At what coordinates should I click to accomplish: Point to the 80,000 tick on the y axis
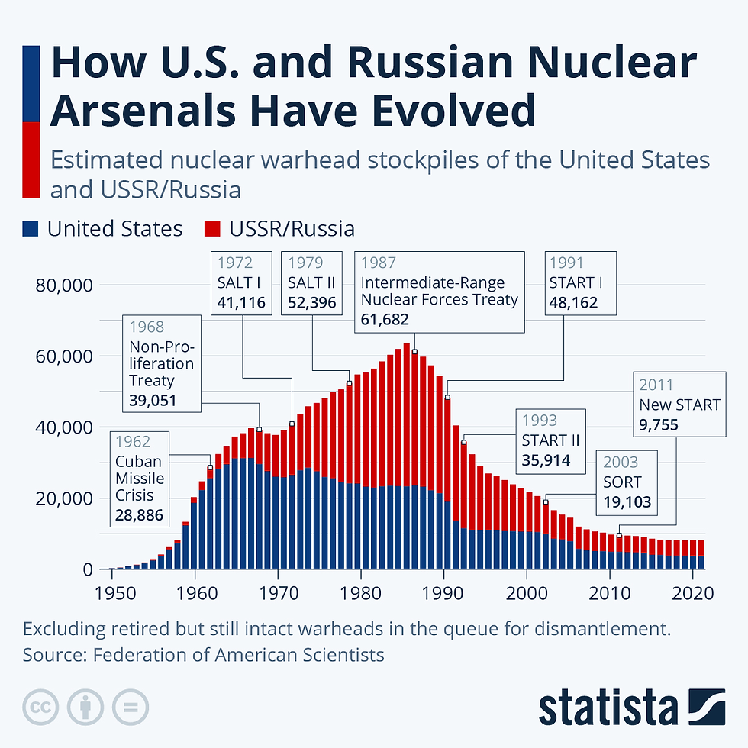click(x=64, y=285)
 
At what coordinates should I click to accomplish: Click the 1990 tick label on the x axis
click(x=443, y=592)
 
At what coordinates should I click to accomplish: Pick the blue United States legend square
click(x=31, y=229)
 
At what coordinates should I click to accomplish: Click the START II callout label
click(x=550, y=441)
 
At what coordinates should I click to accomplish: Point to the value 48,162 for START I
click(x=572, y=303)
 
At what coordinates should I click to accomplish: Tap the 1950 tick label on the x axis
click(x=113, y=592)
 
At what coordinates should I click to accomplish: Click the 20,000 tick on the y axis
click(x=64, y=498)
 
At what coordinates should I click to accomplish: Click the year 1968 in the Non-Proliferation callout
click(x=146, y=327)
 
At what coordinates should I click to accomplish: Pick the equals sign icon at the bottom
click(x=130, y=709)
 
